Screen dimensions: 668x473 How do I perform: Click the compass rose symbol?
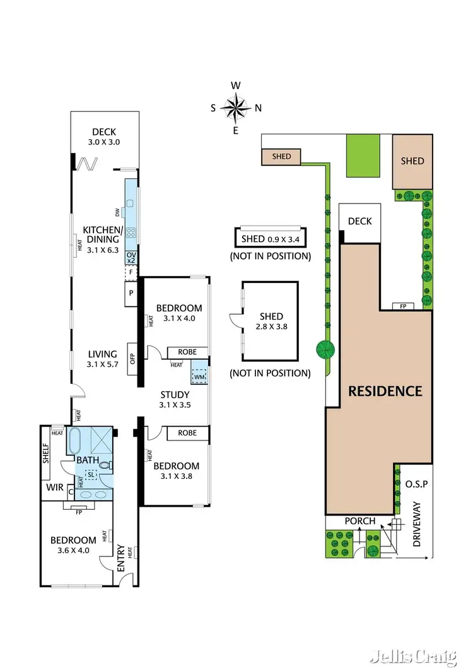236,108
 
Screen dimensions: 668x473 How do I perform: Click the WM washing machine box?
199,376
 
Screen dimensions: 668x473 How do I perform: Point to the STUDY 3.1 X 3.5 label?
174,400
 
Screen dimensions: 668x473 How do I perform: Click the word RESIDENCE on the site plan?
385,391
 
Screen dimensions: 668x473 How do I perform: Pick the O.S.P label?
417,484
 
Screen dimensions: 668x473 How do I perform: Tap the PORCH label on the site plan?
360,521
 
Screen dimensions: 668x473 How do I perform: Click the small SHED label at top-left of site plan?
283,156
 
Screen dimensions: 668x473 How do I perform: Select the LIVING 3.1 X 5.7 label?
102,359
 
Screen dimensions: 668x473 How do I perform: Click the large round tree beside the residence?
325,348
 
